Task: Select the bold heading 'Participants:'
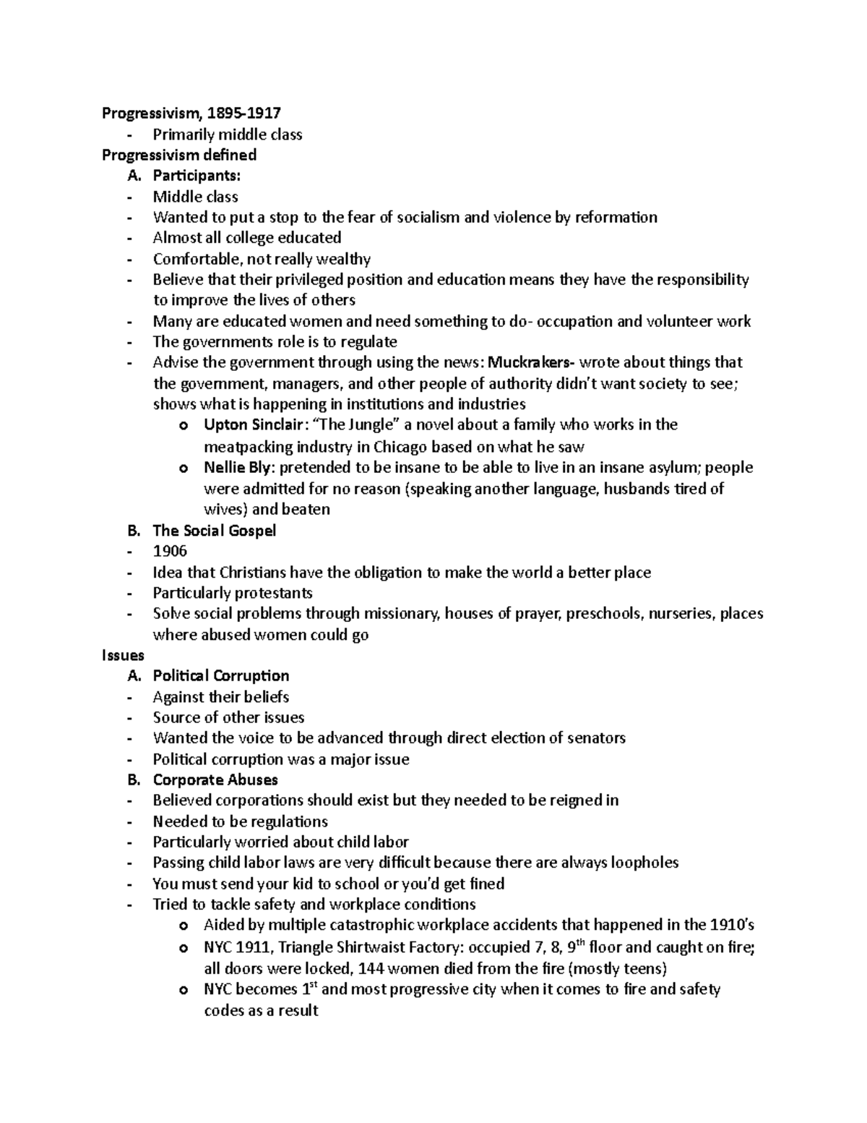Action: click(x=197, y=176)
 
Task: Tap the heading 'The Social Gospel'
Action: click(x=215, y=531)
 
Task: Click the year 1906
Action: click(x=170, y=552)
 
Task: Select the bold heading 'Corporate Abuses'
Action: click(x=215, y=780)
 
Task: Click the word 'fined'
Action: click(x=486, y=884)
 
